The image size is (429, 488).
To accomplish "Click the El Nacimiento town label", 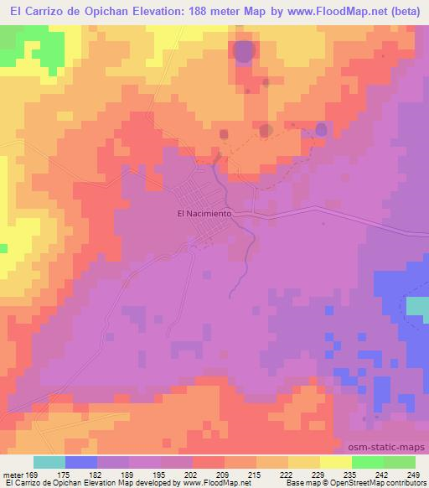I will click(x=204, y=213).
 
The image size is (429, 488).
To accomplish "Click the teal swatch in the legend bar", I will click(x=49, y=462).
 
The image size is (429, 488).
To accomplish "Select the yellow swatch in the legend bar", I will click(x=335, y=462).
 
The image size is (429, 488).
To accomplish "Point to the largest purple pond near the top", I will click(x=242, y=52).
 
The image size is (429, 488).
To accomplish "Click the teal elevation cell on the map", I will click(x=416, y=306).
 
